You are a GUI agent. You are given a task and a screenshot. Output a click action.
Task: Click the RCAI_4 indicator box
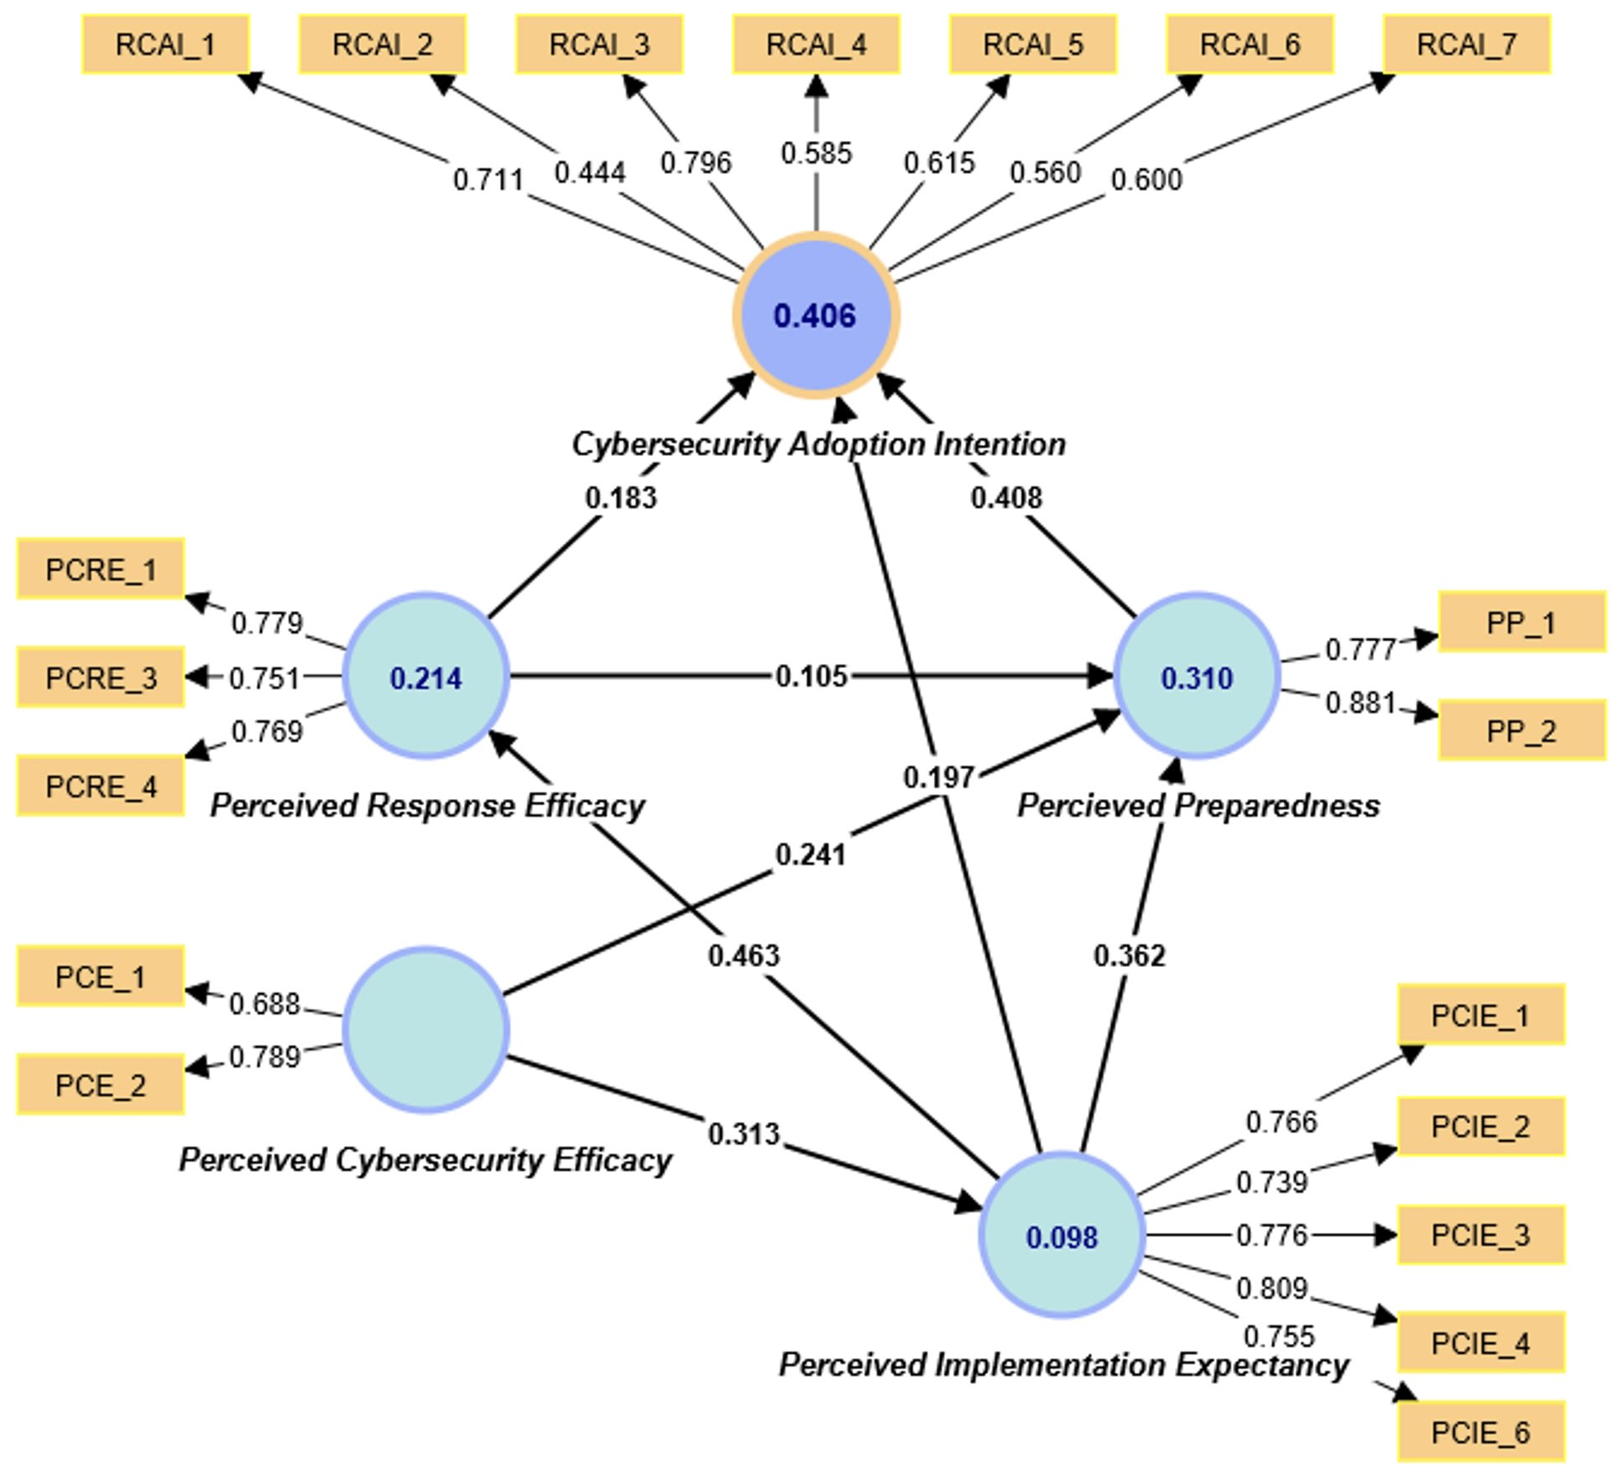point(816,44)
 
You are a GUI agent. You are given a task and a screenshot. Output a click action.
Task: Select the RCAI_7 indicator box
point(1466,44)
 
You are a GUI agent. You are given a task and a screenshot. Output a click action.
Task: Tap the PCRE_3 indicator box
point(101,677)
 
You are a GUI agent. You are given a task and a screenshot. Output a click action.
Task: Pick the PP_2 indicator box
point(1521,730)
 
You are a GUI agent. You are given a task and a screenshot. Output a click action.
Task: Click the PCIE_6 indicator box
point(1480,1432)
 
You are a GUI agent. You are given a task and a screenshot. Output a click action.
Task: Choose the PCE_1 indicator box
point(101,976)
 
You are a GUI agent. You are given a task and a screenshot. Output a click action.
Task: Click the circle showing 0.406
point(816,316)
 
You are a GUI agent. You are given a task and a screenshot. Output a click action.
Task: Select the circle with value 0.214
point(425,677)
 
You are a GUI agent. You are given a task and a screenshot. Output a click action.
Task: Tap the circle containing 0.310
point(1197,677)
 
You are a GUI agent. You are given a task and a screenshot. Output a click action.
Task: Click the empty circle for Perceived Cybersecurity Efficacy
point(425,1030)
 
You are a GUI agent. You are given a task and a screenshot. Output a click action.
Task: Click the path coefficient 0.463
point(744,955)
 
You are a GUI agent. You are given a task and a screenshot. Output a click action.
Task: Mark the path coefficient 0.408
point(1006,498)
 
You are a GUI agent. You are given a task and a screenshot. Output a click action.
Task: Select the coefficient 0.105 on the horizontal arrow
point(811,676)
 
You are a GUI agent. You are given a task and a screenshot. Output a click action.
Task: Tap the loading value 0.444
point(590,173)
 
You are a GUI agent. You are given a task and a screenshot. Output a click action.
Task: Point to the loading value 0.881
point(1360,703)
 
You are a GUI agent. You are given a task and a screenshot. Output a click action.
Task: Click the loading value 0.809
point(1271,1288)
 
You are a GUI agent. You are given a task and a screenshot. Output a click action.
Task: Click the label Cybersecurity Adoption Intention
point(818,444)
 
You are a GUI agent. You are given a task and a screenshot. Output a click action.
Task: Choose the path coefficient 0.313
point(744,1134)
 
